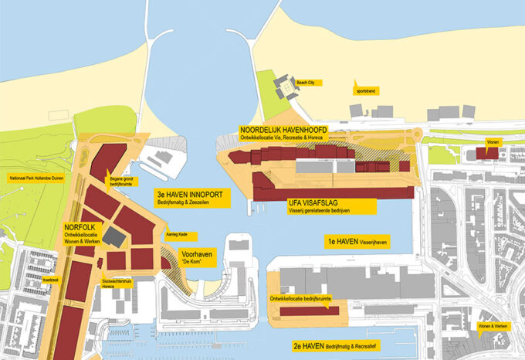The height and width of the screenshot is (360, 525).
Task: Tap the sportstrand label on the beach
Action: pos(365,90)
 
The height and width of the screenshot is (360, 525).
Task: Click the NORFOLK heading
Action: pos(80,228)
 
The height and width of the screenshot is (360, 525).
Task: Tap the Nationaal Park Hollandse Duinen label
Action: pos(36,178)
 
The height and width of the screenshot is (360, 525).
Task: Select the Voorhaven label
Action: pos(195,253)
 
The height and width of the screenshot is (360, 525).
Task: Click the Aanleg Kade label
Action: pos(176,236)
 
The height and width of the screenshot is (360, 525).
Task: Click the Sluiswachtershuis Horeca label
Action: pos(114,284)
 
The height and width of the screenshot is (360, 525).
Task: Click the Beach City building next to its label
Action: pos(285,89)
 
